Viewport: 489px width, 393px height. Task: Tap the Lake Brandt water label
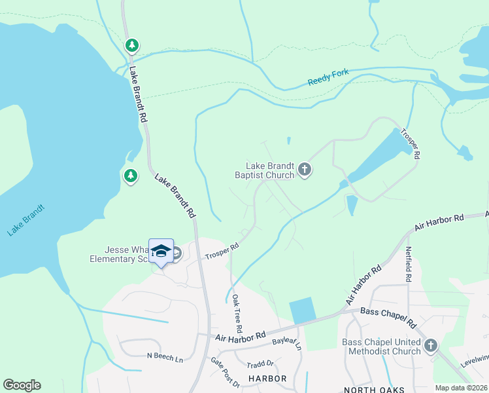[26, 220]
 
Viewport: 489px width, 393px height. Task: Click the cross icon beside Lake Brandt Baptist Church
[304, 170]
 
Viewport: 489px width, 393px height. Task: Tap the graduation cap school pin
[161, 251]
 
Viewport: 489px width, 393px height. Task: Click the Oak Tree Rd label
[237, 312]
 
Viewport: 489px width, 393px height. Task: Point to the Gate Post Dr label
[225, 372]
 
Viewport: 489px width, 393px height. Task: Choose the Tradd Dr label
[260, 364]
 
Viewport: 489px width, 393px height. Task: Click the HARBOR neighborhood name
[267, 379]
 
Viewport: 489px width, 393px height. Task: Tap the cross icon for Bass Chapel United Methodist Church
[430, 346]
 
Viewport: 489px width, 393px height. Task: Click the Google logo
[22, 385]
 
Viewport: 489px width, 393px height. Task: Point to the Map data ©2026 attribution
[461, 388]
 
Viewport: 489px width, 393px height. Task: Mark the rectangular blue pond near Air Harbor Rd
[303, 310]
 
